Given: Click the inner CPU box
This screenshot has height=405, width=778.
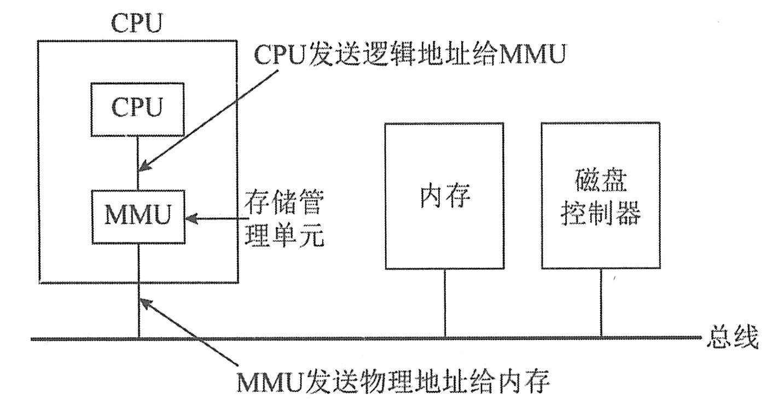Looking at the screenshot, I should click(138, 109).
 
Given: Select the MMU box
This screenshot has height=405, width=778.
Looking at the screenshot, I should click(138, 216).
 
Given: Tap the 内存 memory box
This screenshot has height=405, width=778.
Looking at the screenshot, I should click(444, 196).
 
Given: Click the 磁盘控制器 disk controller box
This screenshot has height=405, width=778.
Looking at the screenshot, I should click(600, 196).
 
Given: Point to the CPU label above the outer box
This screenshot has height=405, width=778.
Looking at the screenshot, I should click(137, 24).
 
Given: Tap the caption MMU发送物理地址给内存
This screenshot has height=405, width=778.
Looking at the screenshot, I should click(393, 382).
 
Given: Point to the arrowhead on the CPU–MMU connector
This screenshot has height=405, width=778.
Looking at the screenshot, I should click(144, 166).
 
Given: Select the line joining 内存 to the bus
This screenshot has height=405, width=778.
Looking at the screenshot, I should click(444, 304).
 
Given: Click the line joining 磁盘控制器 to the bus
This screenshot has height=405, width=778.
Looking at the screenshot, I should click(601, 304).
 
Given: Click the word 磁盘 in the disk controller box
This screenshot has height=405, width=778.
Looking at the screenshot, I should click(600, 182).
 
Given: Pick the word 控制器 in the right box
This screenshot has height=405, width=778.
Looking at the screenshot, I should click(600, 215).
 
